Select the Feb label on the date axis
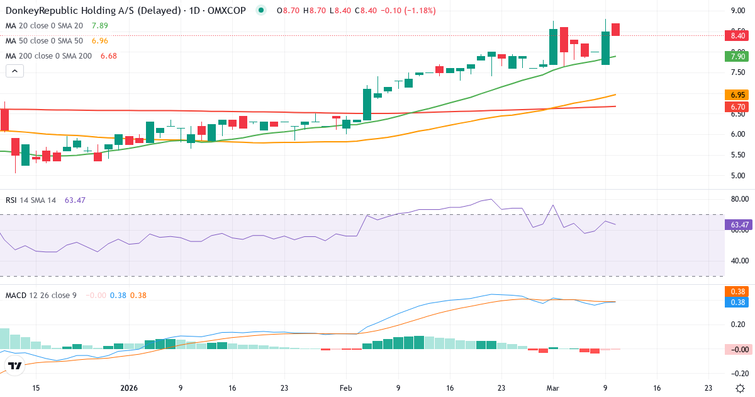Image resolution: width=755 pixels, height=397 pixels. (345, 388)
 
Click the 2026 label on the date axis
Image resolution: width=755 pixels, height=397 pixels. (129, 388)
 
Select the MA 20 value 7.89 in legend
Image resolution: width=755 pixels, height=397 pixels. (99, 26)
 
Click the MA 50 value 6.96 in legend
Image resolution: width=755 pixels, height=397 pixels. (99, 41)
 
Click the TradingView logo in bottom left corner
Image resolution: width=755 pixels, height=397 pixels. (15, 365)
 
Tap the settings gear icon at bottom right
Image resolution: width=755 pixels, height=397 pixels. (741, 388)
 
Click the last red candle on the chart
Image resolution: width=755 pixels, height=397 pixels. (615, 29)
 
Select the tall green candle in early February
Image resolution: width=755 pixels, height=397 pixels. (367, 104)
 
